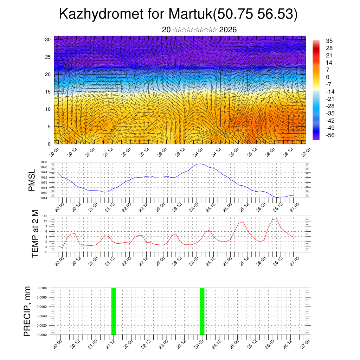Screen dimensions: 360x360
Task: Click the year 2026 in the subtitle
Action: click(x=228, y=30)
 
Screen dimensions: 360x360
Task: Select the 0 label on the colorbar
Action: click(x=327, y=77)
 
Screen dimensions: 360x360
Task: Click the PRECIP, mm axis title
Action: click(x=27, y=311)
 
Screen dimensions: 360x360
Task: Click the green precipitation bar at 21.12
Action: click(x=114, y=311)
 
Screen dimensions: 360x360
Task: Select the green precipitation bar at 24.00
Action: click(x=202, y=311)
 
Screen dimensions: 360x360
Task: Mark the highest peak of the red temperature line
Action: click(x=276, y=219)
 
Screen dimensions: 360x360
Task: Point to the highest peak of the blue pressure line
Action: click(x=199, y=164)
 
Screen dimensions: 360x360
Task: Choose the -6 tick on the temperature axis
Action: click(x=45, y=252)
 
